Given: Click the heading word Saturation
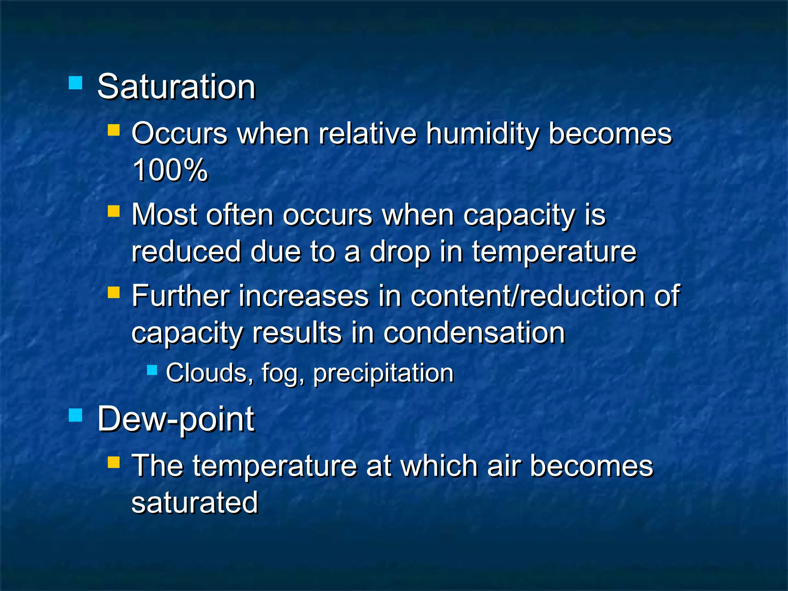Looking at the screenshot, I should (176, 87).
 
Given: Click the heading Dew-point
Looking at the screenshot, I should (176, 419).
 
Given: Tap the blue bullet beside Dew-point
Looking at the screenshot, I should (75, 415).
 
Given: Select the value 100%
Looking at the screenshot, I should (170, 170).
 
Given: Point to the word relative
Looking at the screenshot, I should (367, 134).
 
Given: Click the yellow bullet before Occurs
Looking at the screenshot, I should (114, 130).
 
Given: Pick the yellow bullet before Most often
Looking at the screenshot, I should (114, 211).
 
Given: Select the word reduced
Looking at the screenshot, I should (186, 252).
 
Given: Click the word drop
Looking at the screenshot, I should (399, 252).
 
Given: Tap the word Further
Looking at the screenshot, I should (180, 296).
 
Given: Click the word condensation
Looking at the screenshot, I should (474, 333).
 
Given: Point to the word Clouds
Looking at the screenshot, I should (206, 373).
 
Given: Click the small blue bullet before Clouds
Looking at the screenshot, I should (152, 370).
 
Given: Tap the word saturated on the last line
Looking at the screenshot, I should (194, 503).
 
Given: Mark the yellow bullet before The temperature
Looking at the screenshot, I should (114, 462).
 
